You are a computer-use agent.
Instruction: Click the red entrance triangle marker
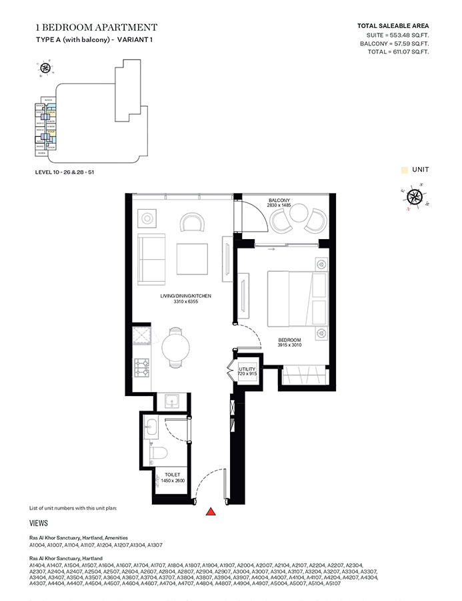(x=211, y=512)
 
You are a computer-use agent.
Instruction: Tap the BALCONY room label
(x=279, y=200)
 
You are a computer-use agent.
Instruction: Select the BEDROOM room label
(x=289, y=340)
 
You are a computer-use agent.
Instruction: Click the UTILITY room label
(x=248, y=369)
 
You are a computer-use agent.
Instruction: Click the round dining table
(x=176, y=347)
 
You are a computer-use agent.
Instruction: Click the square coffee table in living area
(x=192, y=256)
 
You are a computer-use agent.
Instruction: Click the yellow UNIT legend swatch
(x=404, y=170)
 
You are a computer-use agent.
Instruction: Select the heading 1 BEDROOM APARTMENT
(x=96, y=27)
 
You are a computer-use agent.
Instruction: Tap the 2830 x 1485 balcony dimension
(x=279, y=207)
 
